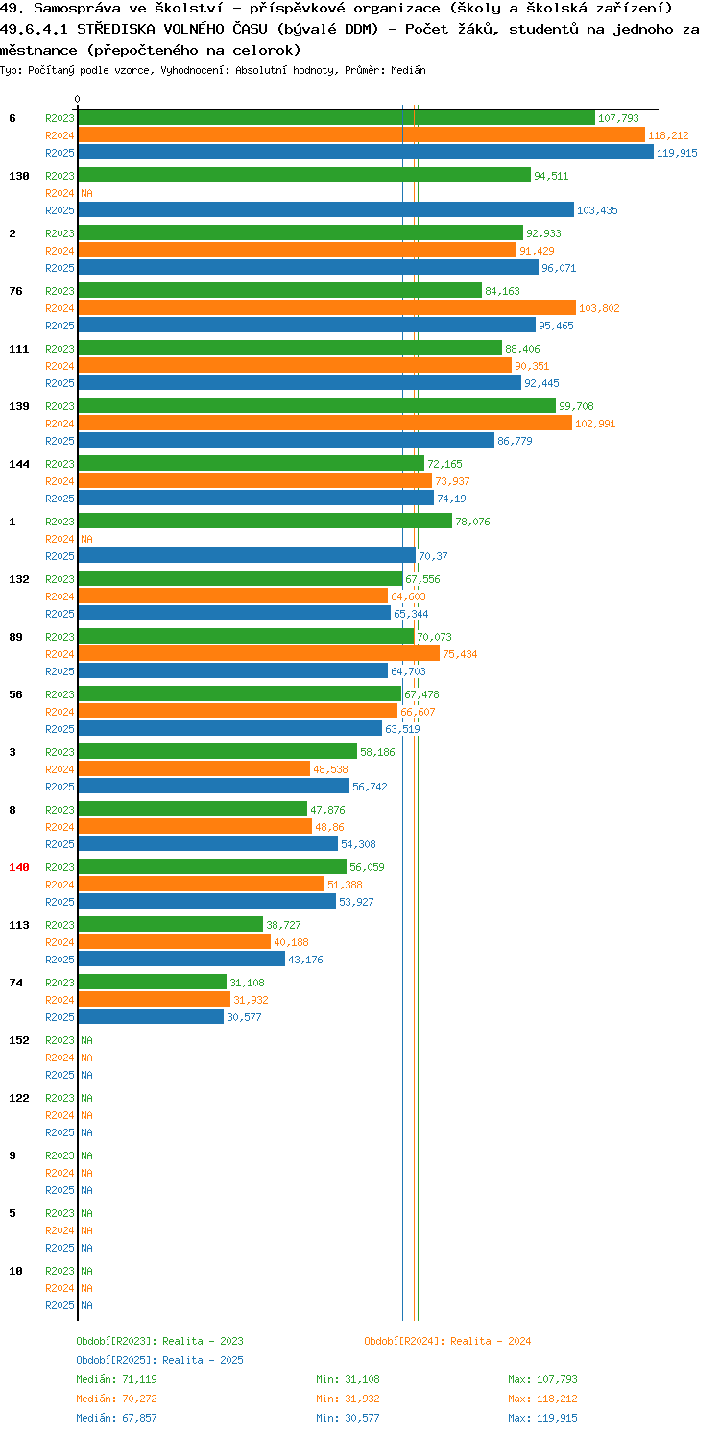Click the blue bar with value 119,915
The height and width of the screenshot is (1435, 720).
pyautogui.click(x=366, y=152)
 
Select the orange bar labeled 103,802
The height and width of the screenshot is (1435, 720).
pyautogui.click(x=326, y=307)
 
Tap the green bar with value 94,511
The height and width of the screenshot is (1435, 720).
pyautogui.click(x=304, y=175)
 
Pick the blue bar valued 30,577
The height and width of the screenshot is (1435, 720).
pyautogui.click(x=151, y=1016)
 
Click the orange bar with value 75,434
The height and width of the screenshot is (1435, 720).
pyautogui.click(x=259, y=653)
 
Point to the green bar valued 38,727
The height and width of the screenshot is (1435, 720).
pyautogui.click(x=170, y=924)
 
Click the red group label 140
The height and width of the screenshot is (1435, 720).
pyautogui.click(x=19, y=867)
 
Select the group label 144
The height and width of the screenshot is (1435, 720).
pyautogui.click(x=19, y=464)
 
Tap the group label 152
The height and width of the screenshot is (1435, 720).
pyautogui.click(x=19, y=1040)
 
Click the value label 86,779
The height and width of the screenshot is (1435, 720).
pyautogui.click(x=515, y=441)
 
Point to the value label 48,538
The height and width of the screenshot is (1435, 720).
pyautogui.click(x=330, y=769)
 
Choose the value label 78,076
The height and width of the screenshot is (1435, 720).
pyautogui.click(x=472, y=522)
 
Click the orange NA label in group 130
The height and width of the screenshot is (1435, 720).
pyautogui.click(x=86, y=193)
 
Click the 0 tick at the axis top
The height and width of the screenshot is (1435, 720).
pyautogui.click(x=78, y=99)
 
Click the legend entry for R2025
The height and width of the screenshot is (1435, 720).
pyautogui.click(x=159, y=1360)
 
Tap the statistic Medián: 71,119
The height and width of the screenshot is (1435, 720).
pyautogui.click(x=116, y=1379)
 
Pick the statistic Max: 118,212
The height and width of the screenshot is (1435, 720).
pyautogui.click(x=542, y=1399)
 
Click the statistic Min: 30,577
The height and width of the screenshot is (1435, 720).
pyautogui.click(x=348, y=1418)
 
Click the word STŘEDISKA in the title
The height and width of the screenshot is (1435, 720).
pyautogui.click(x=116, y=29)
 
